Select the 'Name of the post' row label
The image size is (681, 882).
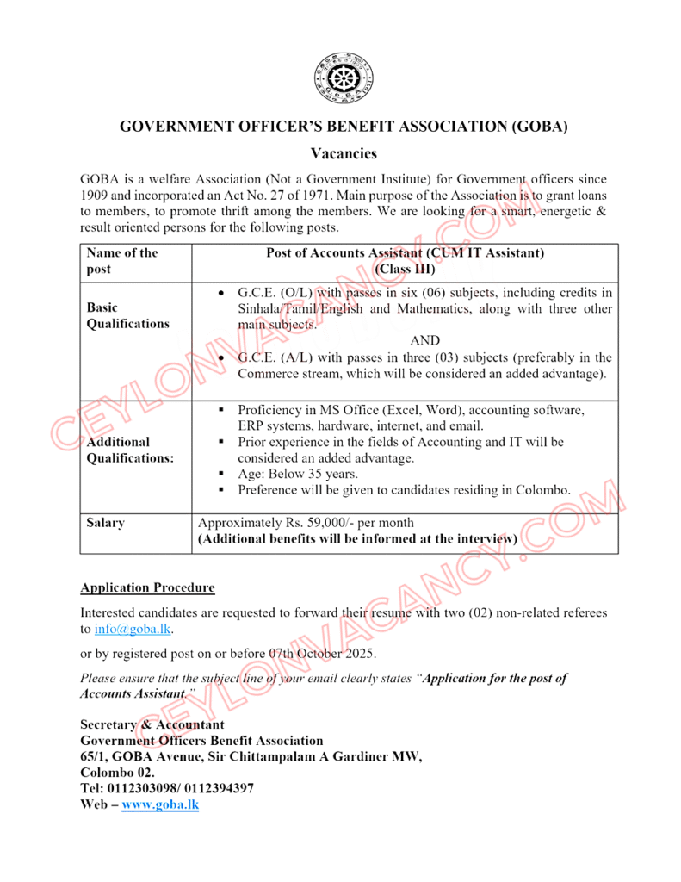121,260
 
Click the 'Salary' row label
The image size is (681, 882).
105,523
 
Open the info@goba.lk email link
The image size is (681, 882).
133,630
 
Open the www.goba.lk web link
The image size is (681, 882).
160,804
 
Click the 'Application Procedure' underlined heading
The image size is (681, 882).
147,588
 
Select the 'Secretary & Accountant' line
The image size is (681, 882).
152,724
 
